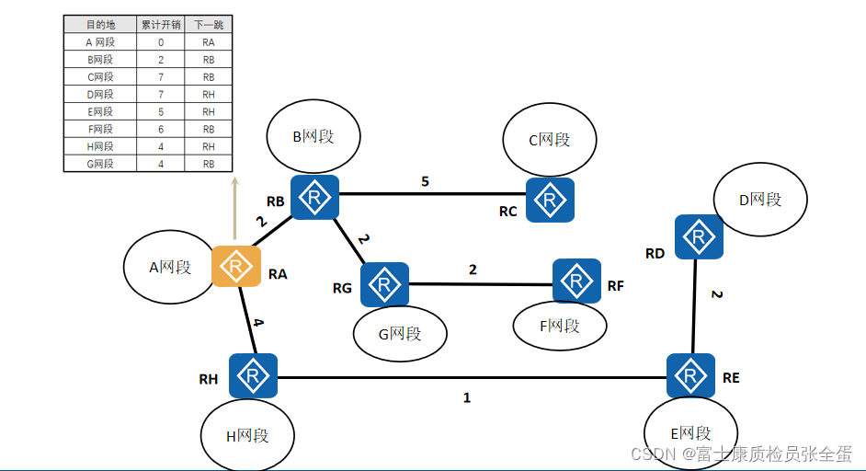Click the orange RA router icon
click(x=236, y=267)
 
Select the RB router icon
click(x=315, y=199)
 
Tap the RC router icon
click(x=551, y=200)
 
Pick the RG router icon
click(x=384, y=285)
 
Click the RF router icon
click(x=577, y=281)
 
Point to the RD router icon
click(x=699, y=237)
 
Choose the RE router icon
click(x=690, y=375)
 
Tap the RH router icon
click(x=253, y=375)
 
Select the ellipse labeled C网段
click(x=550, y=140)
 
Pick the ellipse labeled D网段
click(x=760, y=199)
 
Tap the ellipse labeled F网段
click(x=560, y=326)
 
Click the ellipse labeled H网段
click(x=247, y=435)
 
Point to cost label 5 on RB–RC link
click(x=425, y=181)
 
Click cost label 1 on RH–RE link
click(x=467, y=398)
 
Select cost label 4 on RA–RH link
click(x=258, y=323)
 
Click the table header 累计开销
click(x=160, y=25)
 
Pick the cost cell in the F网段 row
click(x=160, y=130)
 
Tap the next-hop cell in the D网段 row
click(x=209, y=95)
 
